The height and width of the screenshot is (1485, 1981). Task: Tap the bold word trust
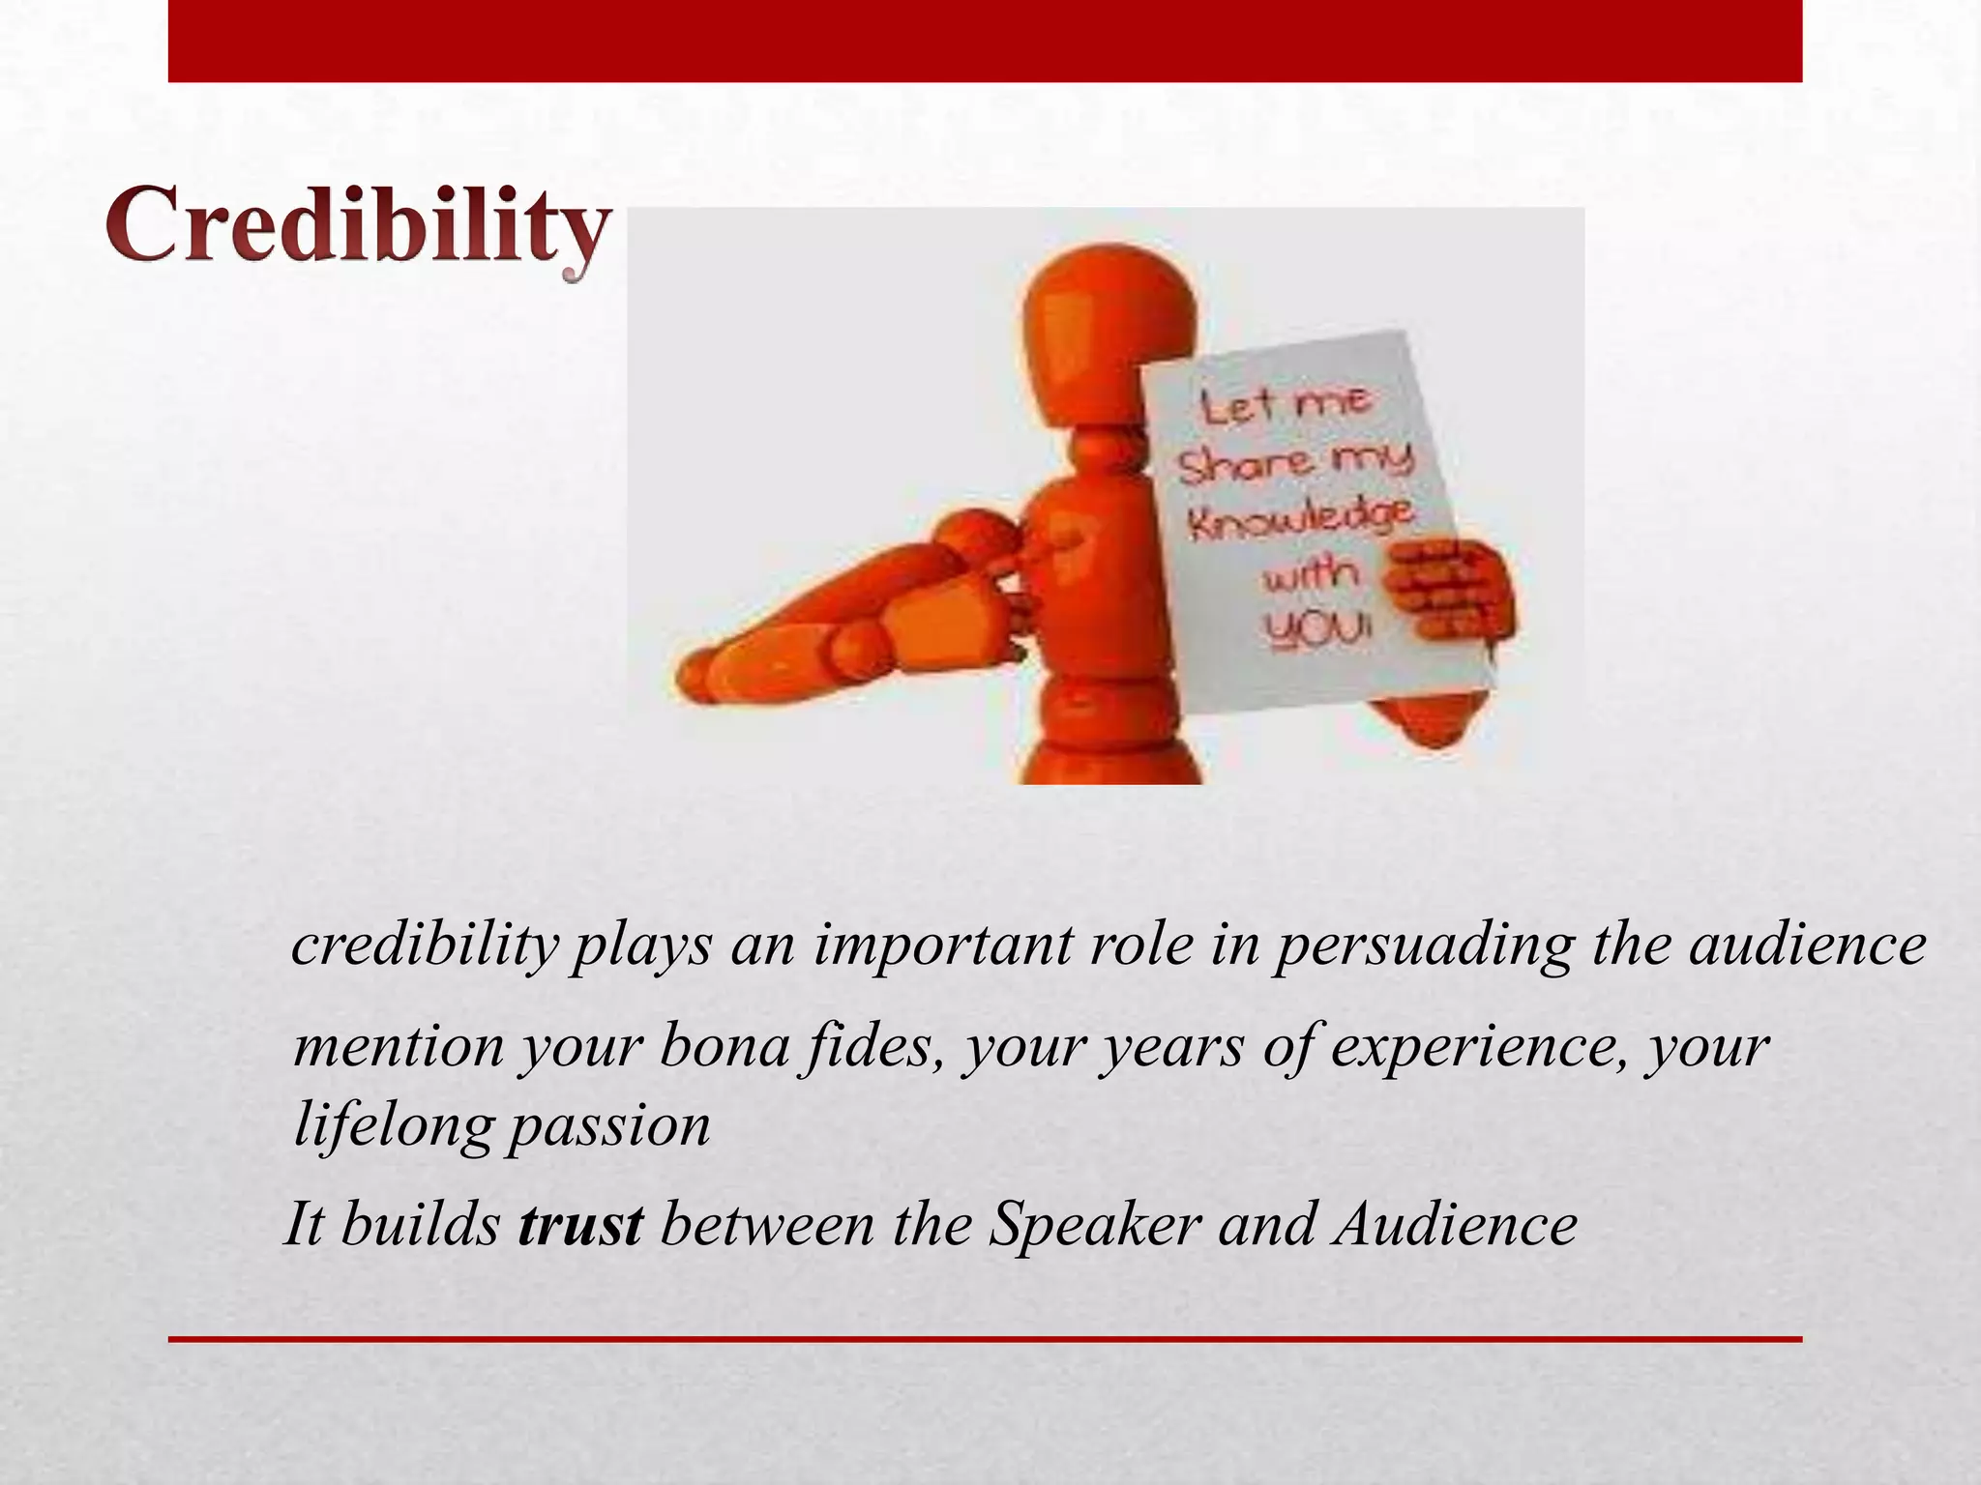pyautogui.click(x=580, y=1224)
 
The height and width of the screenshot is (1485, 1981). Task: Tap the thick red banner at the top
pyautogui.click(x=985, y=41)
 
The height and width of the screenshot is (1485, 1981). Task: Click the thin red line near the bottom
pyautogui.click(x=985, y=1340)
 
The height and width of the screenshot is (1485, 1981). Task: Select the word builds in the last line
pyautogui.click(x=420, y=1224)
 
